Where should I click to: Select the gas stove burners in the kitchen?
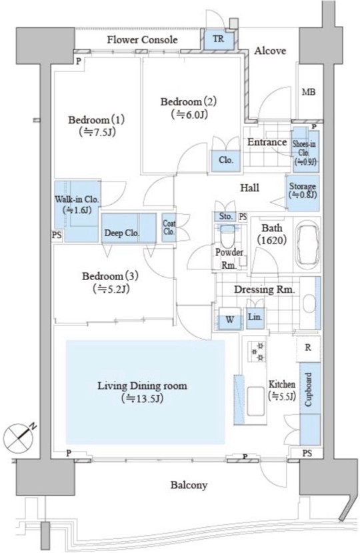258,352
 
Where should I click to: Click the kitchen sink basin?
255,402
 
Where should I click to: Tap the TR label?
219,39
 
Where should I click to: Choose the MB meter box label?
309,92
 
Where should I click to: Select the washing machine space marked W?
230,320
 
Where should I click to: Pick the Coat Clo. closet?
169,227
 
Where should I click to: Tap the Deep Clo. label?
122,233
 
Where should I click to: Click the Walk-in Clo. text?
77,199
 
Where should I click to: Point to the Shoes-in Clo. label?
304,149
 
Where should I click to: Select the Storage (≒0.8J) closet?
303,193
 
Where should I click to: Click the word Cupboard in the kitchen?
308,390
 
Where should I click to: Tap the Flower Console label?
142,39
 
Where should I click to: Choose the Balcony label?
189,485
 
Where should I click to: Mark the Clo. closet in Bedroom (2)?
226,161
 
